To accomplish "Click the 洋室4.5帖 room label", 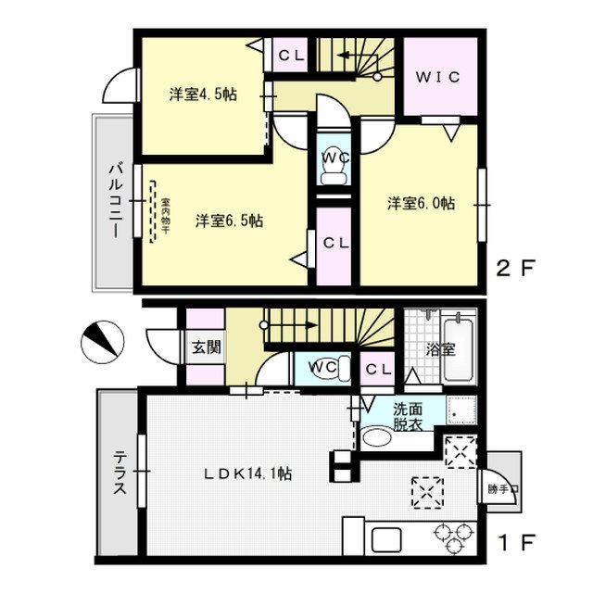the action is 203,95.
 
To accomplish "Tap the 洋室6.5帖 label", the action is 229,221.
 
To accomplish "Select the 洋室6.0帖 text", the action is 421,204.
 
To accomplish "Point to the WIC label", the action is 438,77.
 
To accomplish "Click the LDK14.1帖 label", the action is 247,473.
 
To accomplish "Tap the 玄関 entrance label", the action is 207,347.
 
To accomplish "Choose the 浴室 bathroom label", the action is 440,350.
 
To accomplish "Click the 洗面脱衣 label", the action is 408,417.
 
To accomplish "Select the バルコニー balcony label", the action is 116,200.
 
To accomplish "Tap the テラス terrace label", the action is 120,473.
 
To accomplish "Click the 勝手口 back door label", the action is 503,489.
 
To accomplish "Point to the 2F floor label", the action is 515,269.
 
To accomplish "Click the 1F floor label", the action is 517,542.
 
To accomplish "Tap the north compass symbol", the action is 103,342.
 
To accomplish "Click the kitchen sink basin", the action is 386,539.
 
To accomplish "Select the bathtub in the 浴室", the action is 459,350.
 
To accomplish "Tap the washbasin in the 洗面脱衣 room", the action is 377,438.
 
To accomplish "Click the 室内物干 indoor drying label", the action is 165,216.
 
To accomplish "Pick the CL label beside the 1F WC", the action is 378,369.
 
